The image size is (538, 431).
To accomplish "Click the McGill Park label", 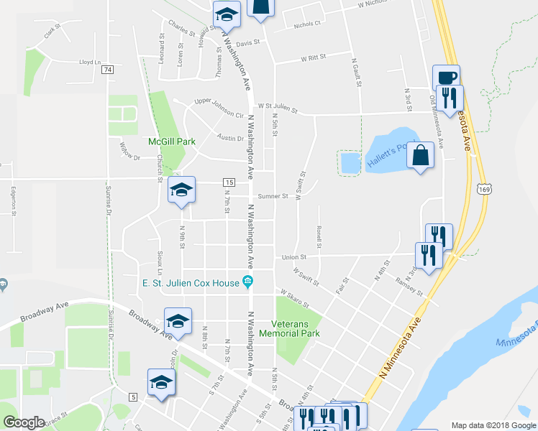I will tap(172, 142).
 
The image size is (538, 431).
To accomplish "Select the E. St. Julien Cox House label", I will tap(191, 282).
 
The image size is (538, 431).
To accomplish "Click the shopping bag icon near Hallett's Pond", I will tap(421, 154).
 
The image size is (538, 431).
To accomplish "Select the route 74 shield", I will tap(107, 69).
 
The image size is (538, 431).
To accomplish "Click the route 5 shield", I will tap(133, 397).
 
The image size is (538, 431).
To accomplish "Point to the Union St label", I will tap(294, 256).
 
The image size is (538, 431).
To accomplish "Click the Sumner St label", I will tap(274, 195).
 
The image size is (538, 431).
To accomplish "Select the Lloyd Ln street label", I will tap(90, 62).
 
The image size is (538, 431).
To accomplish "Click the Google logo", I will tap(24, 422).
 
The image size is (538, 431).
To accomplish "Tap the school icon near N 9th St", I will tap(182, 190).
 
